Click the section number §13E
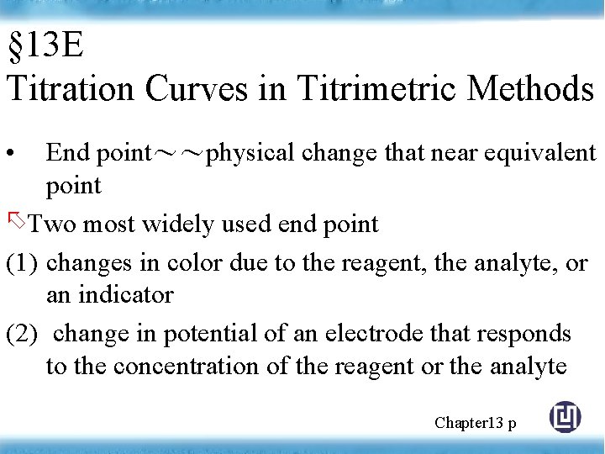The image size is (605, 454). click(x=45, y=46)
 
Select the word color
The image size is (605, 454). click(x=192, y=263)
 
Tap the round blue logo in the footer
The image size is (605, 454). click(x=565, y=417)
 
